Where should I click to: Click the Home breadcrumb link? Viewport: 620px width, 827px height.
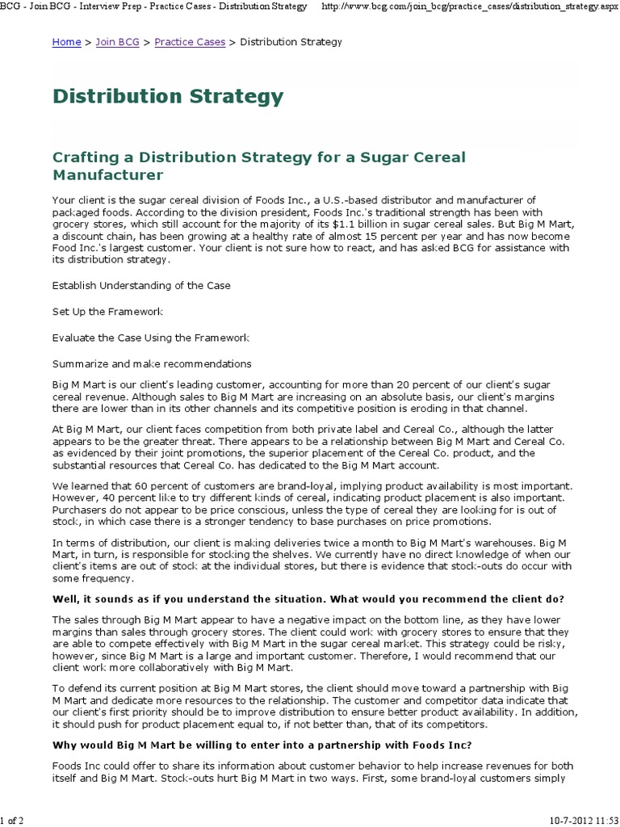tap(66, 42)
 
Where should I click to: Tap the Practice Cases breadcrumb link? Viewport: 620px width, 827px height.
tap(190, 42)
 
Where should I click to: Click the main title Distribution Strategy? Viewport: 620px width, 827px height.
tap(168, 97)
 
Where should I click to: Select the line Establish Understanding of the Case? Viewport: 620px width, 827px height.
tap(141, 285)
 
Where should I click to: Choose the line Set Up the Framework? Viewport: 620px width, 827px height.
tap(107, 311)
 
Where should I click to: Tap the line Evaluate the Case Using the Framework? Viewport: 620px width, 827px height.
tap(151, 337)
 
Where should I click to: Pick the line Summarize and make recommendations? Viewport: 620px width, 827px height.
tap(152, 363)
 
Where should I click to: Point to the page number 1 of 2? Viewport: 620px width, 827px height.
tap(12, 821)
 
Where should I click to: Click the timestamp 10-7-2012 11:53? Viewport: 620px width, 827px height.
tap(576, 821)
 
